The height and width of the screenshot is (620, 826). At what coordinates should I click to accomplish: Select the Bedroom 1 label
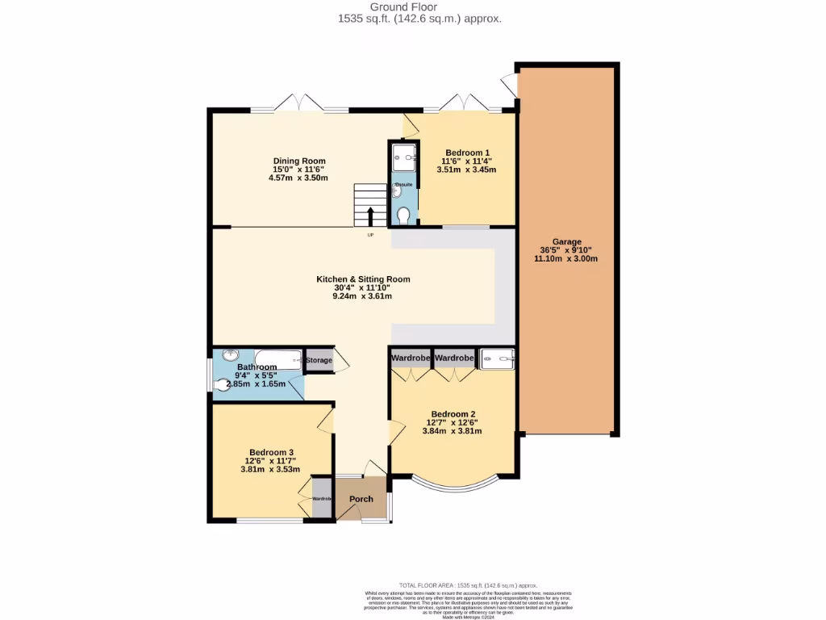point(467,153)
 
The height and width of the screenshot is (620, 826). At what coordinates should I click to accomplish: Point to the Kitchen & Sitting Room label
point(363,279)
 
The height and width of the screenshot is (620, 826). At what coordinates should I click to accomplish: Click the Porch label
point(361,499)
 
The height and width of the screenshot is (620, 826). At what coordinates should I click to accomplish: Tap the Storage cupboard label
point(319,360)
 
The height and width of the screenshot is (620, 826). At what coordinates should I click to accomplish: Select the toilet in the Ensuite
point(403,214)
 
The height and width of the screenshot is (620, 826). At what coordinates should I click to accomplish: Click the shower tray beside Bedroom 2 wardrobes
point(498,358)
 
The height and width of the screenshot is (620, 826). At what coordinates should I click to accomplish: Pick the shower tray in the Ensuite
point(403,157)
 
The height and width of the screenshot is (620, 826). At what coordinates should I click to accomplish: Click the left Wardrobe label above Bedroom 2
point(411,358)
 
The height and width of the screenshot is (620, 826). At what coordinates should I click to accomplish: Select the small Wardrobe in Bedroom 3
point(322,499)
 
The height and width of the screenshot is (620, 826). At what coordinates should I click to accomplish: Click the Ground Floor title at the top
point(419,6)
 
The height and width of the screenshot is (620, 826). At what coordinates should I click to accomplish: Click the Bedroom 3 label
point(271,452)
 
